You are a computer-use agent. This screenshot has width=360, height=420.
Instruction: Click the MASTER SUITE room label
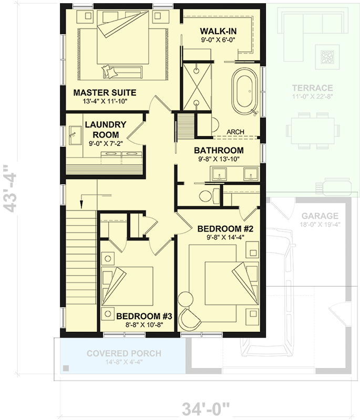105,92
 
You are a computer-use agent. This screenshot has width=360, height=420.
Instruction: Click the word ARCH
235,132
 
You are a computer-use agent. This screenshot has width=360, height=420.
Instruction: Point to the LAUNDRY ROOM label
105,130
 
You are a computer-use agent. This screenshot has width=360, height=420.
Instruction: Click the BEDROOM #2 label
225,229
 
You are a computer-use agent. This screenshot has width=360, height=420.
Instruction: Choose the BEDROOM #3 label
144,316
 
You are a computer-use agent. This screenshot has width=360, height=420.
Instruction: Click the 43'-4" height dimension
11,188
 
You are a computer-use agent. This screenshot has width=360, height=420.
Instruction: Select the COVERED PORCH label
124,353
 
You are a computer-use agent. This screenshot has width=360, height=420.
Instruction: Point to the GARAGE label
320,216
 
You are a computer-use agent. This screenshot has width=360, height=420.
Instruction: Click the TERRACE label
313,88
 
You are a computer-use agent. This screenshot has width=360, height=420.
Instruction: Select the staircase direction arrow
83,198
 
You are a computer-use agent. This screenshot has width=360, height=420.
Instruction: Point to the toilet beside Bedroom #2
205,196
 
